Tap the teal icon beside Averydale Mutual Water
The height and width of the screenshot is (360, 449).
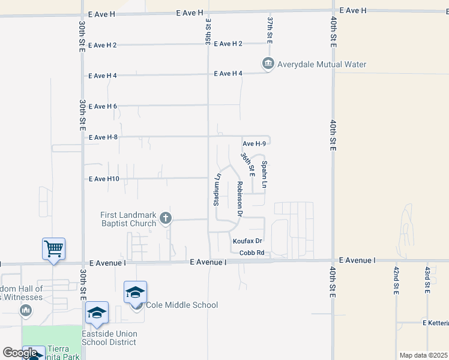pyautogui.click(x=268, y=64)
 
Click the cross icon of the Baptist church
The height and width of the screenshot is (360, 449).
pyautogui.click(x=166, y=219)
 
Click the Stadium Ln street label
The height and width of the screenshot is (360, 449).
pyautogui.click(x=217, y=190)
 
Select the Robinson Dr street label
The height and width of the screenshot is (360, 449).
pyautogui.click(x=239, y=199)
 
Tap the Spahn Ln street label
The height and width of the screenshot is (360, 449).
pyautogui.click(x=264, y=176)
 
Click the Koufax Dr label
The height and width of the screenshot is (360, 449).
pyautogui.click(x=248, y=241)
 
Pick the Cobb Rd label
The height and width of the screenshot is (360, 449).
pyautogui.click(x=252, y=253)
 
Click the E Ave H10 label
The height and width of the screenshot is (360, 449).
pyautogui.click(x=104, y=179)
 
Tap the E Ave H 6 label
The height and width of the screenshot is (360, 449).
pyautogui.click(x=103, y=106)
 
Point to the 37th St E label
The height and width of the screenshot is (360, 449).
pyautogui.click(x=270, y=29)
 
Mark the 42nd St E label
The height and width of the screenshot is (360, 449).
pyautogui.click(x=396, y=280)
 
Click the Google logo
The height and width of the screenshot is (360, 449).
pyautogui.click(x=20, y=353)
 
